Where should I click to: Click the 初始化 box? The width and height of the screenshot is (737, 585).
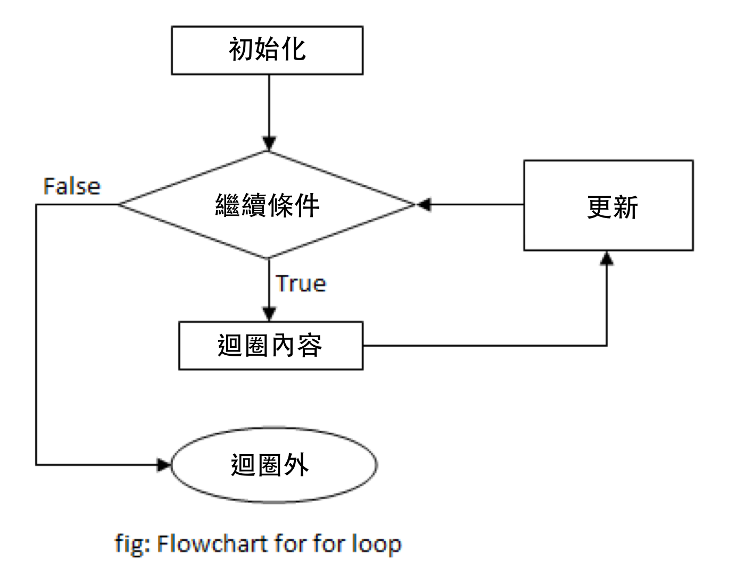(x=267, y=50)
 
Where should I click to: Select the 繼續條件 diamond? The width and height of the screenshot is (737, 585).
(x=267, y=205)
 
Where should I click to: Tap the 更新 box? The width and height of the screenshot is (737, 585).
(x=608, y=205)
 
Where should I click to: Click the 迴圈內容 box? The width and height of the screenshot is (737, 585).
(x=270, y=346)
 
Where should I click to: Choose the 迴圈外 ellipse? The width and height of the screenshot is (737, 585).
(x=274, y=465)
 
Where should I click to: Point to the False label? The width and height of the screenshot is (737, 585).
(x=72, y=187)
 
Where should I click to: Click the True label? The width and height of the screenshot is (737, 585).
(x=301, y=283)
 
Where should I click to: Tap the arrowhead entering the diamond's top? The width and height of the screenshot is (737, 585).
(x=269, y=144)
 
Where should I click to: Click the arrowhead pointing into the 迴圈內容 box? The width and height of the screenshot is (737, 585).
(x=269, y=314)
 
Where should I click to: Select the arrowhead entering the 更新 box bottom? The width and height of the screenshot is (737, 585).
(x=607, y=258)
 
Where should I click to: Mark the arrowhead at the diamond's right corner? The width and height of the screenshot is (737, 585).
(x=424, y=204)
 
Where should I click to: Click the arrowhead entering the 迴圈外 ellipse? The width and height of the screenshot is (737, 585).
(x=163, y=465)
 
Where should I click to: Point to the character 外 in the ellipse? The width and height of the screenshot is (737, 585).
(x=296, y=465)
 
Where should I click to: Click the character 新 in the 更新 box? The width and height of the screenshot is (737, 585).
(x=626, y=207)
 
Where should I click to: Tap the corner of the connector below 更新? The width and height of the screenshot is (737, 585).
(x=607, y=346)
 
